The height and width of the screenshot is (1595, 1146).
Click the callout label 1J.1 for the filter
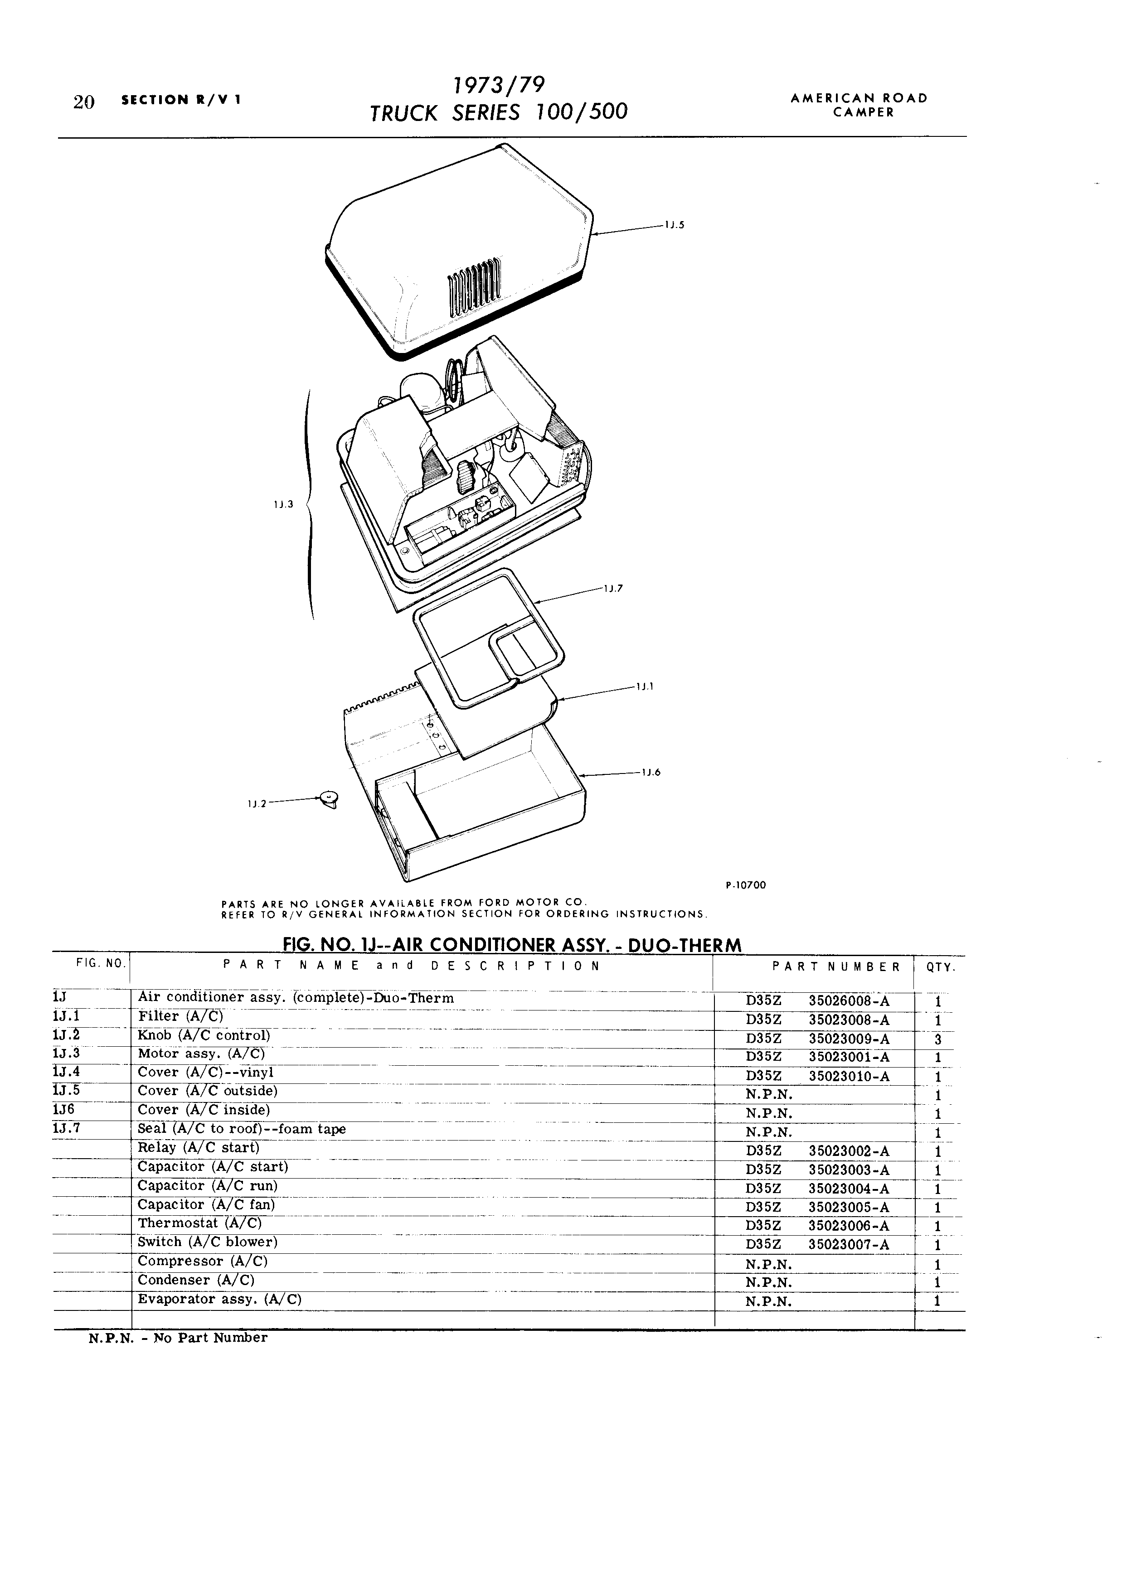click(x=645, y=686)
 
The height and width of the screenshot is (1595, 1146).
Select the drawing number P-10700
click(x=745, y=885)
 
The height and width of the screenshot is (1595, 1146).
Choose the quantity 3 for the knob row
click(x=938, y=1040)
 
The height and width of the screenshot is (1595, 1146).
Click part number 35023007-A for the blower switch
click(x=849, y=1245)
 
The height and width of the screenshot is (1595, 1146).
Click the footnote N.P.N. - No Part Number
click(x=178, y=1338)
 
